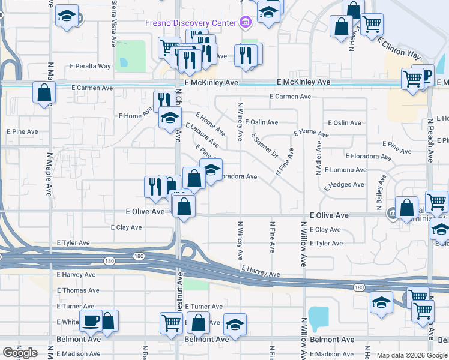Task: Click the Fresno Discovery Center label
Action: (x=191, y=23)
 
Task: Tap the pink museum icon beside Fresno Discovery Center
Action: (x=244, y=23)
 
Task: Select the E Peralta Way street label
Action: (x=91, y=66)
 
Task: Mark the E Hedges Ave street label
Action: (x=345, y=186)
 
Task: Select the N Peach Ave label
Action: (x=430, y=140)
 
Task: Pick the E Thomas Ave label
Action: (x=78, y=290)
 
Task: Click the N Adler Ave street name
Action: (x=319, y=158)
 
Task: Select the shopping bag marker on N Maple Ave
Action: (x=44, y=93)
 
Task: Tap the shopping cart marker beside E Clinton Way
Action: (x=372, y=24)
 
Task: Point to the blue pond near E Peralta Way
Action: (x=124, y=62)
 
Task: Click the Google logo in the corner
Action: (x=19, y=353)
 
